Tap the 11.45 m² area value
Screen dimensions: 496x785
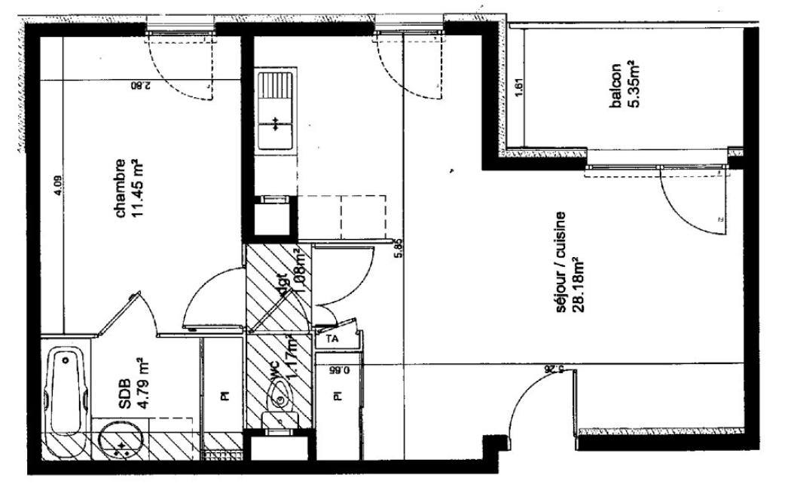(x=137, y=188)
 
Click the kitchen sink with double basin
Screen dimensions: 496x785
(x=276, y=110)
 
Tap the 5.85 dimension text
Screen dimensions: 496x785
(x=400, y=248)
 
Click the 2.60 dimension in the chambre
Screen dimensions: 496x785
(x=141, y=86)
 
